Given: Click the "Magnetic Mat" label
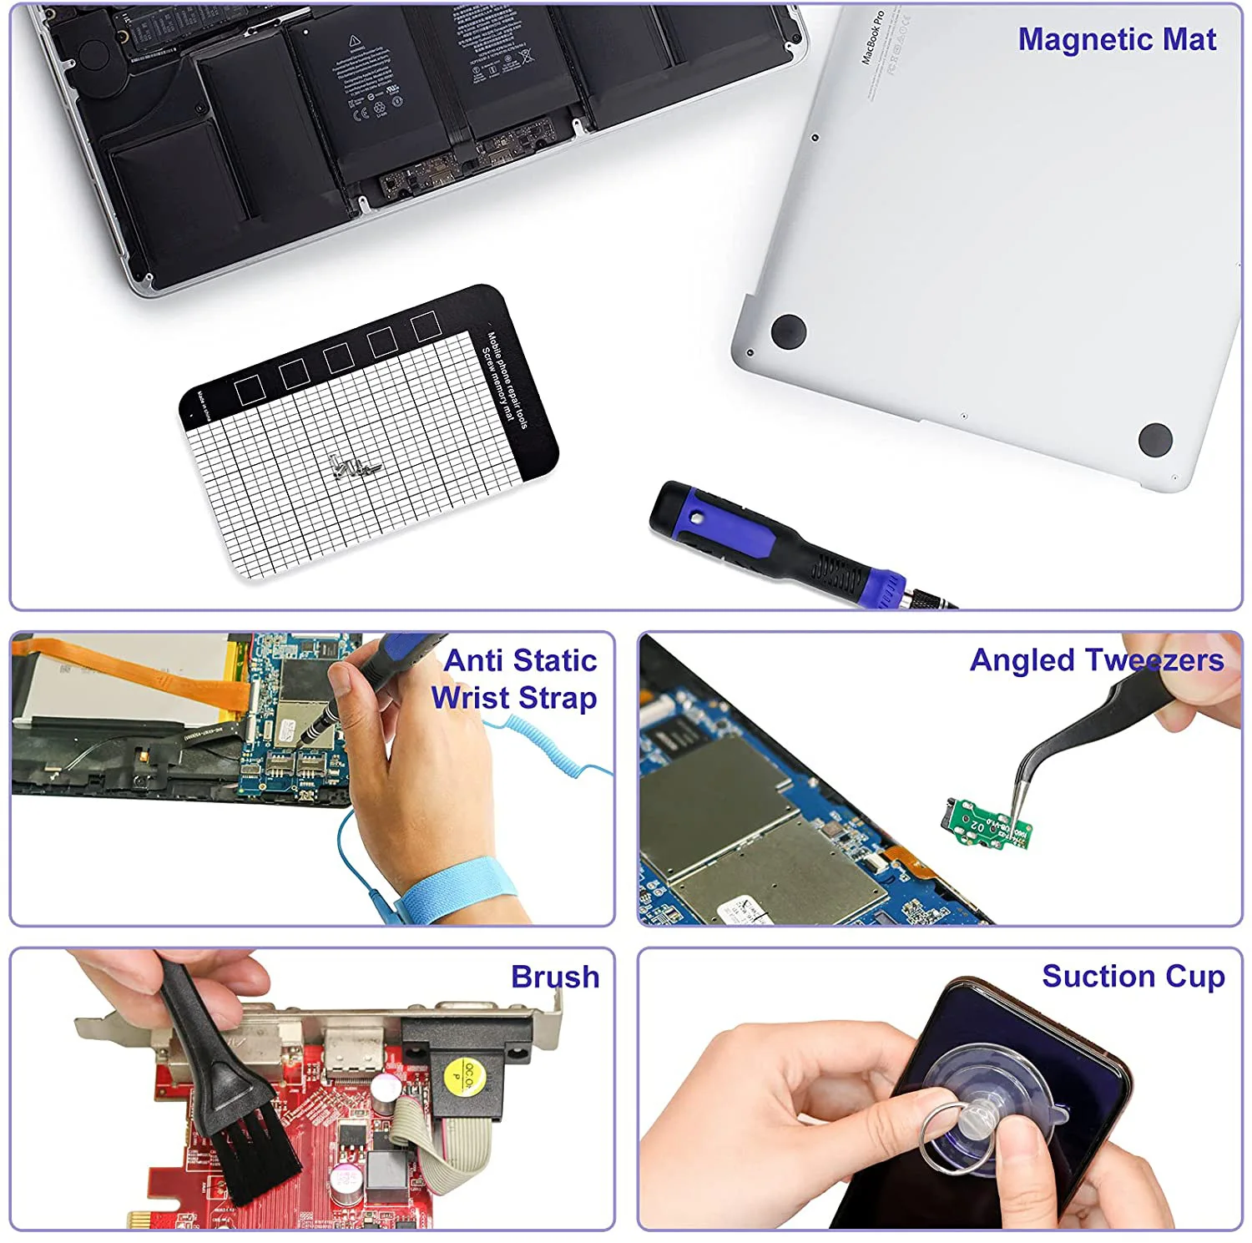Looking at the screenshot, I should click(x=1116, y=40).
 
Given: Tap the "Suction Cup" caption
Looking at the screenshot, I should click(x=1133, y=976).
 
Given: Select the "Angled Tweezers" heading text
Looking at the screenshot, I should click(x=1096, y=660).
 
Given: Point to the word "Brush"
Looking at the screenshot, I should click(x=555, y=977).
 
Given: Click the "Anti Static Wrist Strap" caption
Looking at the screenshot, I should click(x=515, y=679).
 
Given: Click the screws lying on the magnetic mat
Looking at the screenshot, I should click(x=355, y=468).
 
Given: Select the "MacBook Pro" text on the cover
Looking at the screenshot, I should click(x=872, y=38).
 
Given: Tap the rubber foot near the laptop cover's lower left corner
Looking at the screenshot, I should click(x=788, y=331).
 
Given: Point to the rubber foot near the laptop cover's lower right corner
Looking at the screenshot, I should click(x=1155, y=438).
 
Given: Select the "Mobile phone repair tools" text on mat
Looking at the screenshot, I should click(x=508, y=380).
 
